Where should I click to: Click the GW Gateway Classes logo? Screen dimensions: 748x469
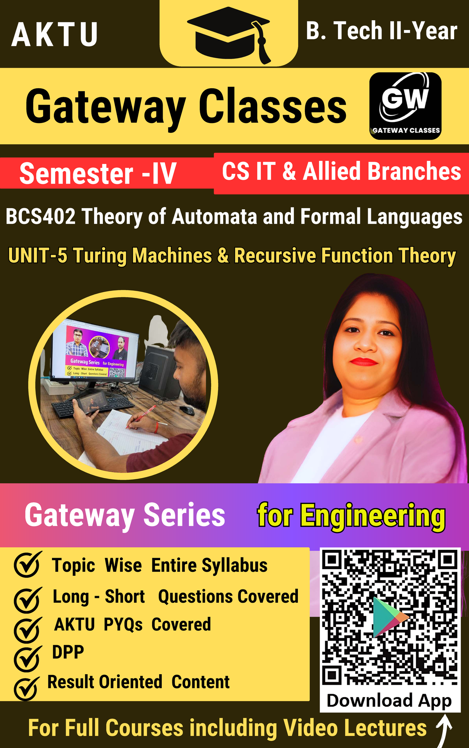[405, 105]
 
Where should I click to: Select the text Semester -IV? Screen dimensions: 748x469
[98, 173]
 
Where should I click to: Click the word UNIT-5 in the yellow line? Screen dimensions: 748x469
[38, 256]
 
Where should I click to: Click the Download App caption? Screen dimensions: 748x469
[389, 700]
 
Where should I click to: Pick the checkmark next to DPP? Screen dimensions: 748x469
[27, 659]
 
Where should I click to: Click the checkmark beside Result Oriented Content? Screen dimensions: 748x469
[27, 688]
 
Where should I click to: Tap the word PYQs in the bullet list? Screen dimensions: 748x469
[123, 624]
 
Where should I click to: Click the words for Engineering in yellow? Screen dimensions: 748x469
[351, 516]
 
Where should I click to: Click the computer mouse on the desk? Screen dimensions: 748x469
[187, 410]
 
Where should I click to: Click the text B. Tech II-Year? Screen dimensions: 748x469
[381, 31]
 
